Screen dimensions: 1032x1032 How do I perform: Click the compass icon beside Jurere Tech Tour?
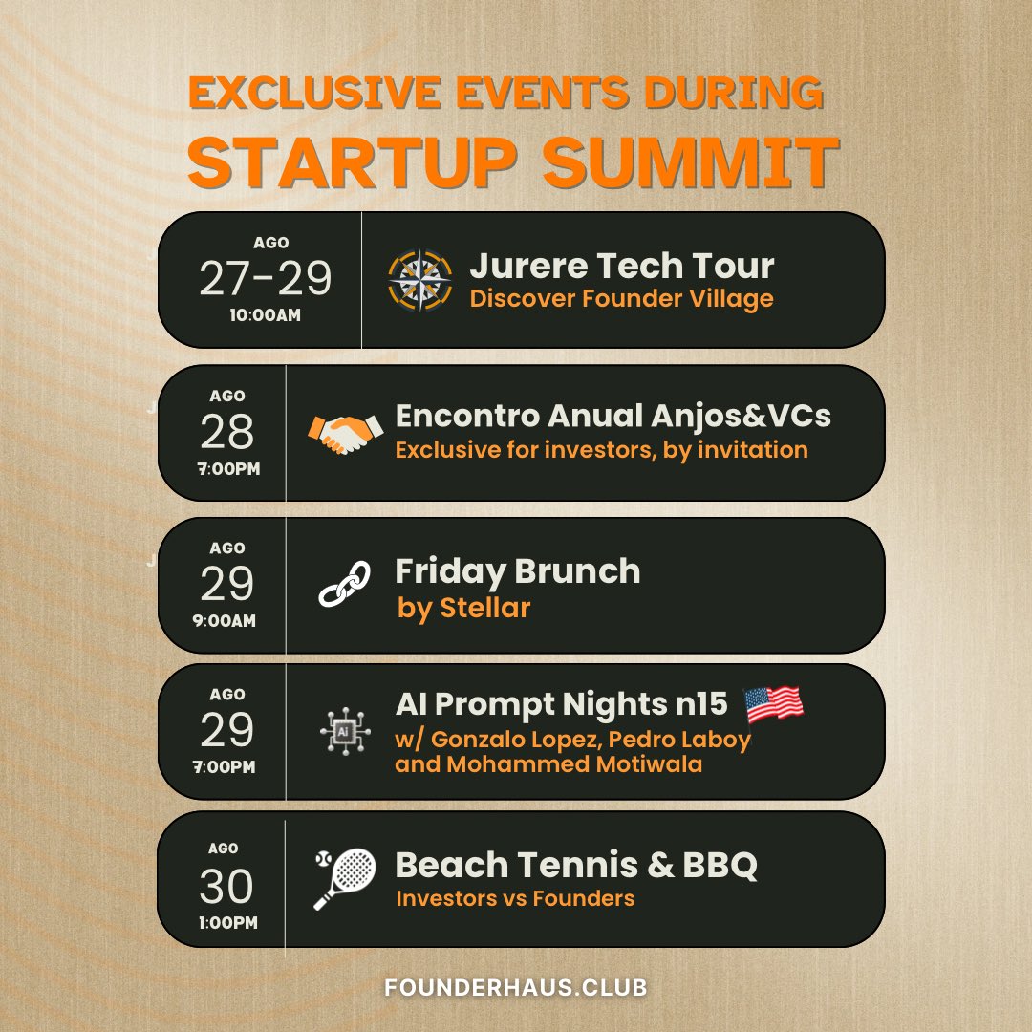420,279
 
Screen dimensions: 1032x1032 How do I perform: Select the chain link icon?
344,584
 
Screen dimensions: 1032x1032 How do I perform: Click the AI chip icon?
344,732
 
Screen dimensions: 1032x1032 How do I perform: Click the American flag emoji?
773,704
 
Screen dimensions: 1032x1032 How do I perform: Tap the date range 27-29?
266,279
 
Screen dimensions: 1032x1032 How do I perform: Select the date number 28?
227,433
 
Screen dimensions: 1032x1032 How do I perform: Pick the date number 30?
227,887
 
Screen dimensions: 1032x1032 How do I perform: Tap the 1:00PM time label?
227,923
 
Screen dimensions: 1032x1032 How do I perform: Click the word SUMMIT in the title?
691,162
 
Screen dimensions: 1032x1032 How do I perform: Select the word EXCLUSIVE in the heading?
305,94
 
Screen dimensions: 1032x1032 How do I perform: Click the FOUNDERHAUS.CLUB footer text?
517,988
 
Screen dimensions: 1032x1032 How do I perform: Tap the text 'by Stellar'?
464,608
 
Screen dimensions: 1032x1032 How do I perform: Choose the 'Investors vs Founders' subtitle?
515,898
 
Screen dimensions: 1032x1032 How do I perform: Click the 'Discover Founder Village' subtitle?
621,299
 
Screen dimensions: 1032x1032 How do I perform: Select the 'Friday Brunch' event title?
518,571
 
